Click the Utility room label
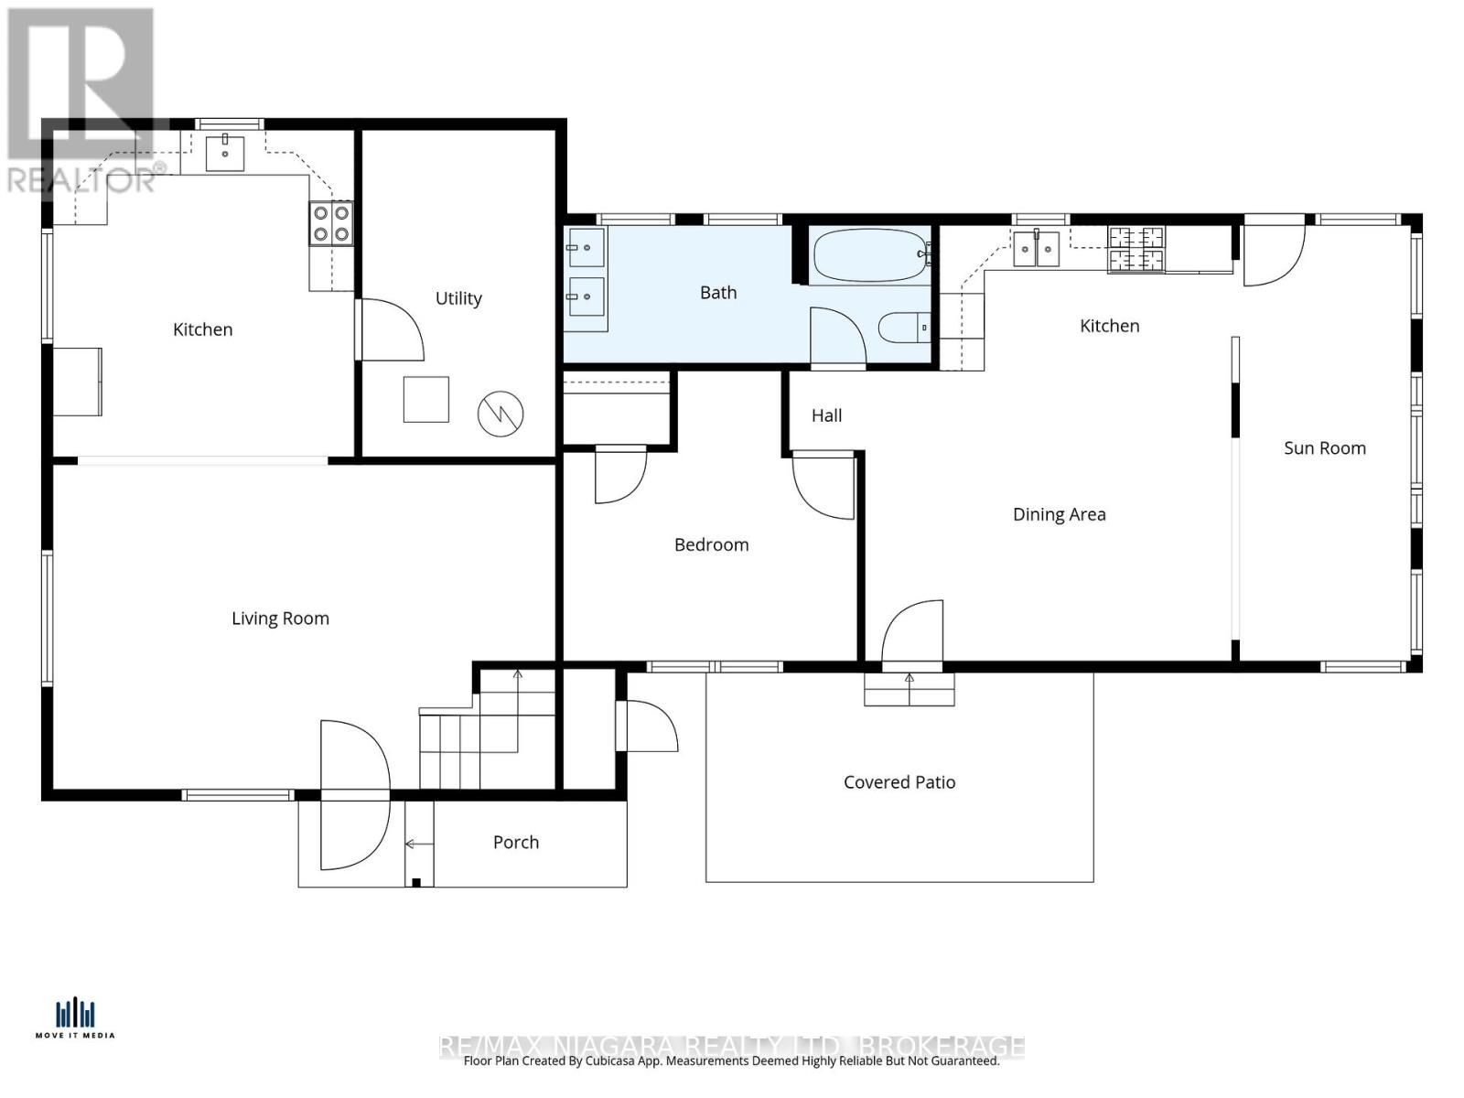[x=458, y=298]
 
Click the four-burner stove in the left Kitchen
[x=330, y=222]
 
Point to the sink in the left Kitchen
[x=224, y=153]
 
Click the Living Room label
[x=280, y=619]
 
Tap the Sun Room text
[x=1324, y=448]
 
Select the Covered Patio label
[x=899, y=782]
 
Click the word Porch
[x=516, y=843]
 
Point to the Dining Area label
[x=1059, y=514]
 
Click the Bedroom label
[x=711, y=545]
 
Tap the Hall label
[x=826, y=415]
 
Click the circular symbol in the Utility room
[x=501, y=414]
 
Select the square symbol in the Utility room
[x=426, y=399]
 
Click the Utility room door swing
[x=389, y=329]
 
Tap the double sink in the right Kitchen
[x=1036, y=248]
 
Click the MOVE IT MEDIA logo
[x=75, y=1017]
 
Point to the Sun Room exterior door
[x=1274, y=252]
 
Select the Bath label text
[x=718, y=293]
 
